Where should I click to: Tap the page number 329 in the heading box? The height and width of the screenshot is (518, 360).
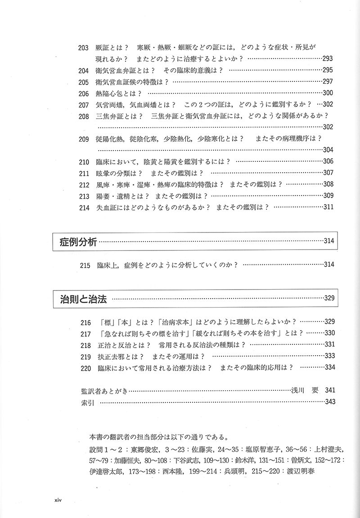click(329, 298)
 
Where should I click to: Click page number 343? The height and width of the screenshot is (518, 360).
click(329, 402)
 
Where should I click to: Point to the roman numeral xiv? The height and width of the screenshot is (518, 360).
click(58, 500)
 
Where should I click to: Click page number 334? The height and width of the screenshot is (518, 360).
click(329, 367)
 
